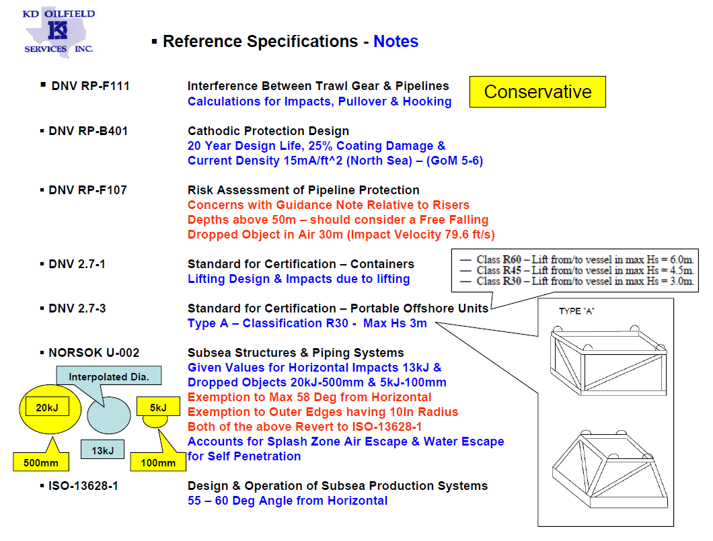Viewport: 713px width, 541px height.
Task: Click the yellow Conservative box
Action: [x=537, y=91]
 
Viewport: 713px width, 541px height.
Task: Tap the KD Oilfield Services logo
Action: [x=59, y=30]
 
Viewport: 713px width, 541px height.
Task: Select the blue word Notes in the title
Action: [x=396, y=42]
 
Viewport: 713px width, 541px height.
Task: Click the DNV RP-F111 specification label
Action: [x=90, y=86]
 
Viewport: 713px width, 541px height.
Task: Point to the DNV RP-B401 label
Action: [x=88, y=131]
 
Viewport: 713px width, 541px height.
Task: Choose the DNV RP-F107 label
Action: [x=87, y=190]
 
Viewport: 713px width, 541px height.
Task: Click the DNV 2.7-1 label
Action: [x=77, y=264]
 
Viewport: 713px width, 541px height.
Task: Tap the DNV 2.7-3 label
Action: [x=77, y=308]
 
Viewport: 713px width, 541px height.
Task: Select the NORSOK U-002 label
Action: [x=94, y=353]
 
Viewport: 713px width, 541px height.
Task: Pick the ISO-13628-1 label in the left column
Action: [x=83, y=485]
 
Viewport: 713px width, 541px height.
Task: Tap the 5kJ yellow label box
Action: [x=153, y=407]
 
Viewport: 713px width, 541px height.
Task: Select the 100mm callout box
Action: [x=158, y=462]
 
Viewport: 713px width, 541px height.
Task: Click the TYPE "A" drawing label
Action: [x=577, y=311]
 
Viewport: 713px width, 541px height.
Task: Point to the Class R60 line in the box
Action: [x=575, y=259]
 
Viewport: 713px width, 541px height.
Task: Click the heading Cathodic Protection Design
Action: [x=268, y=131]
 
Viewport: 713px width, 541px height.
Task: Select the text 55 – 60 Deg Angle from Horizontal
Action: [x=287, y=501]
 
